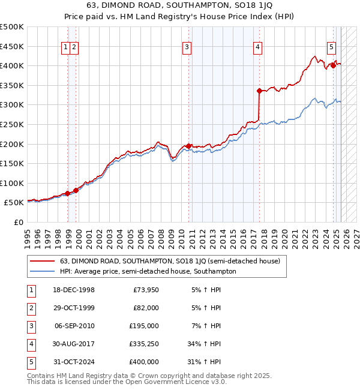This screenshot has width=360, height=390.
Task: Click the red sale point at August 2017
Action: coord(259,91)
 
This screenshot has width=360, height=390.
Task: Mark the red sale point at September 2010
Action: coord(188,146)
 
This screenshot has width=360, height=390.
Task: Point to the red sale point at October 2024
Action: coord(333,65)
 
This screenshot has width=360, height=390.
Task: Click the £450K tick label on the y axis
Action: coord(12,46)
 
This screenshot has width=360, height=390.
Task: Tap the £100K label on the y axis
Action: coord(12,183)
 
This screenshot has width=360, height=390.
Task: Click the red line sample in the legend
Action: coord(42,261)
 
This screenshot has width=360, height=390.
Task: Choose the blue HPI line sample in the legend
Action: coord(42,271)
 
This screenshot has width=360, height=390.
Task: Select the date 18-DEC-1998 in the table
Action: coord(74,290)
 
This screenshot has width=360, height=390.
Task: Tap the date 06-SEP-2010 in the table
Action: coord(74,326)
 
